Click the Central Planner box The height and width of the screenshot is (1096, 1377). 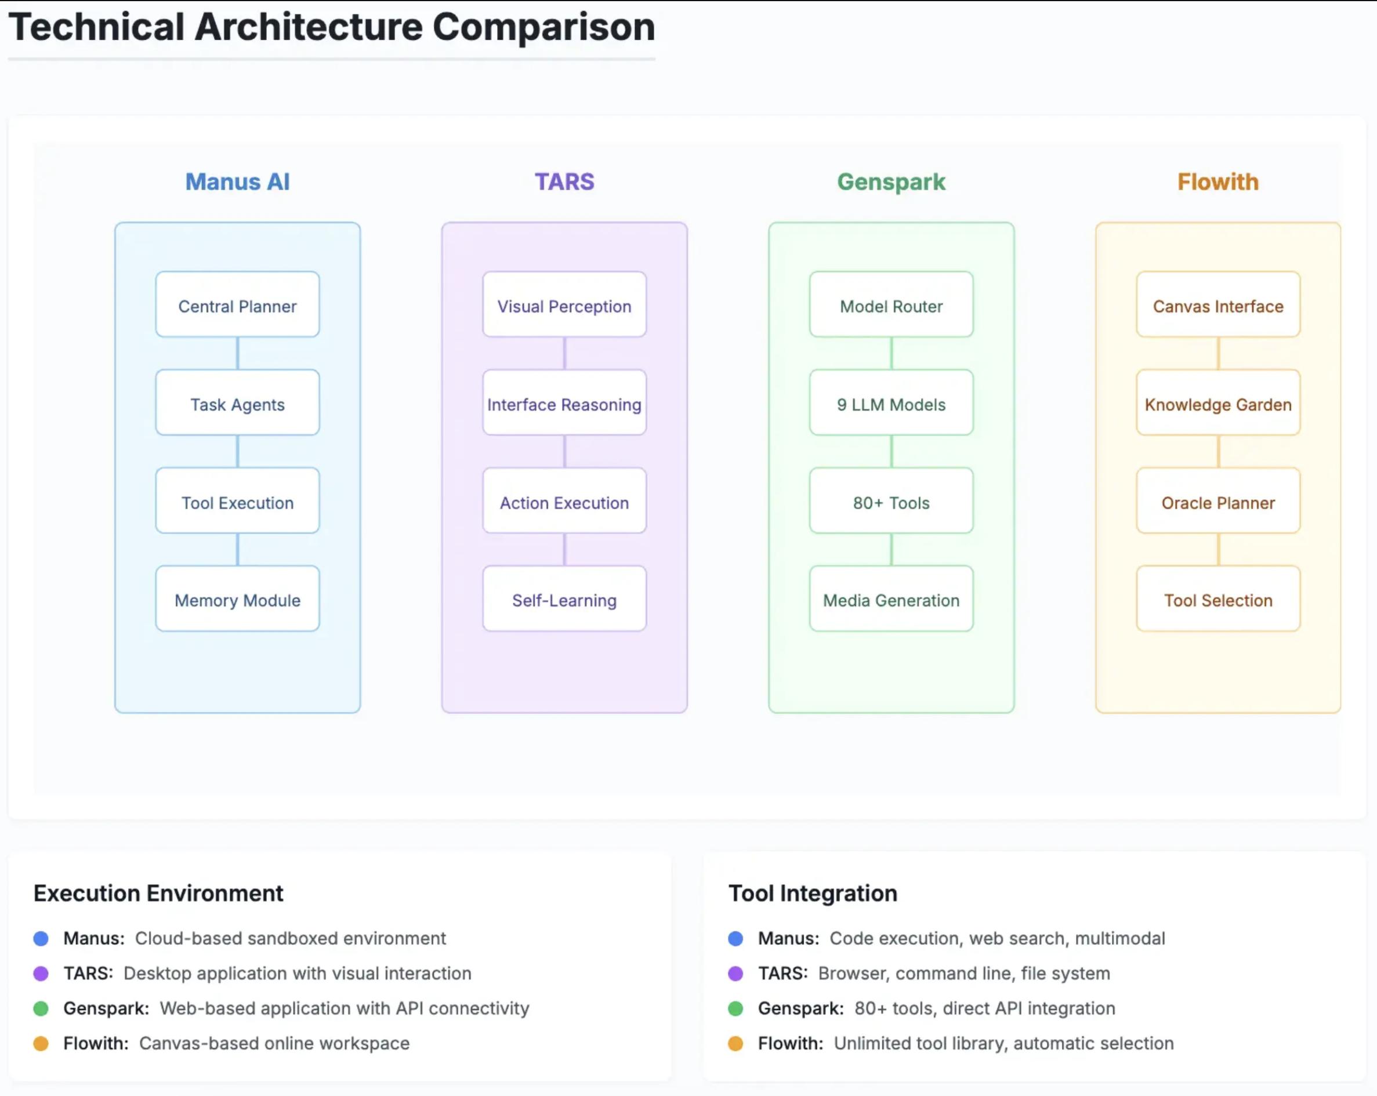[238, 304]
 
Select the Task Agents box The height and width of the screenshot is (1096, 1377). [238, 402]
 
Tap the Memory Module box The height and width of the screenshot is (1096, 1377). [238, 598]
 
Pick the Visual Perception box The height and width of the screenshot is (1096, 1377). [564, 304]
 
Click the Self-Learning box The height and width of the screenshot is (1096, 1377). [564, 598]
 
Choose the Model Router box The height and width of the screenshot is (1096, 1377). [892, 304]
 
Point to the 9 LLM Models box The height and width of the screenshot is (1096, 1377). [892, 402]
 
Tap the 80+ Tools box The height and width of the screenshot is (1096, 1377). [892, 500]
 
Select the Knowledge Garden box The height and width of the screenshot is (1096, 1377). [1219, 402]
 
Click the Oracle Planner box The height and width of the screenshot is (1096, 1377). [1219, 500]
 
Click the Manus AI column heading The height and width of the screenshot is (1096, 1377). [238, 182]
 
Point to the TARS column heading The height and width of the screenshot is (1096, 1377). [564, 182]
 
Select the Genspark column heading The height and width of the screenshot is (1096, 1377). [892, 183]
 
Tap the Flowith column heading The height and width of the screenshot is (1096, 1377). [1219, 182]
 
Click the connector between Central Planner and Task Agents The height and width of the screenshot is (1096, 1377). [238, 353]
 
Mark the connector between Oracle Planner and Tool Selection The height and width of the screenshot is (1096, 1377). [1219, 549]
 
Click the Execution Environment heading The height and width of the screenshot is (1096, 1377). [158, 894]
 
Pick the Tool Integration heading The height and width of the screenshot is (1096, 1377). [813, 894]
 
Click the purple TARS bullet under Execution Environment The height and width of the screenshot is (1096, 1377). [41, 974]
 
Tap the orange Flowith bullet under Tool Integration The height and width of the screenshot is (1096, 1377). [735, 1044]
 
